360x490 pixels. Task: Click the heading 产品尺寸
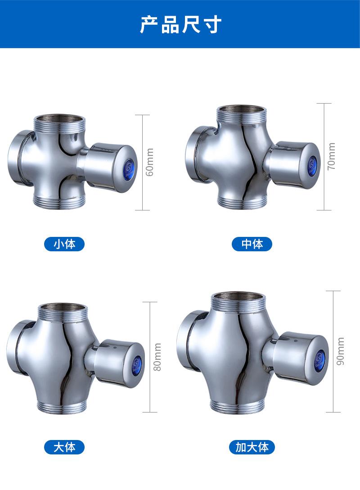180,24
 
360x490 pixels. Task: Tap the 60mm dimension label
150,162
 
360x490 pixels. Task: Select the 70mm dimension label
331,156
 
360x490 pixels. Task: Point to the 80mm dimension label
157,357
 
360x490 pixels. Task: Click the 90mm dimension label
340,351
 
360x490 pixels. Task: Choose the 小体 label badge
64,244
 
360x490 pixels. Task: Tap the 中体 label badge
252,244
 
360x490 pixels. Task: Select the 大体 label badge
64,447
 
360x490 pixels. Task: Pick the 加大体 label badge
252,447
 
